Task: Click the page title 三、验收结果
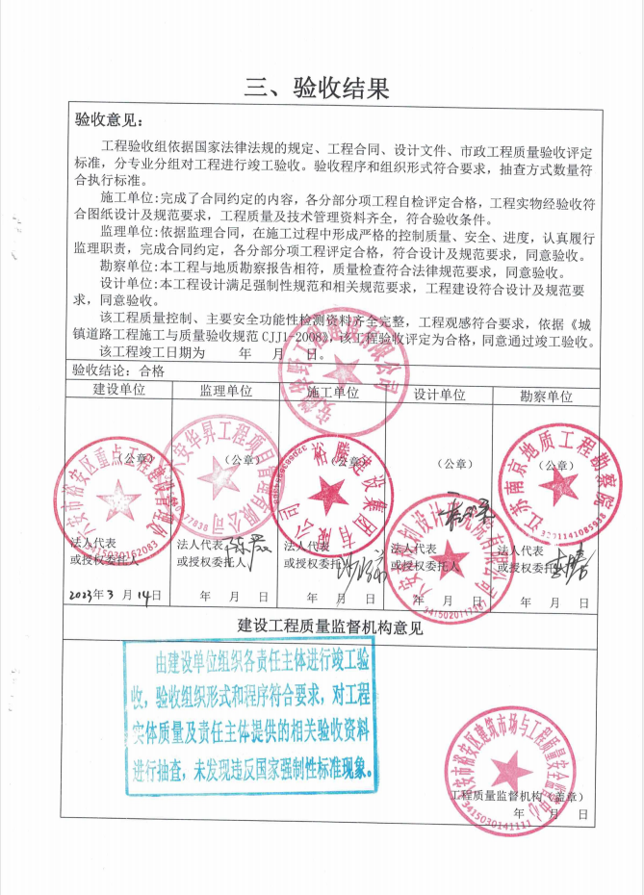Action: (317, 89)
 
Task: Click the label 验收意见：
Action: (109, 122)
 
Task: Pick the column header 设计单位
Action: (439, 394)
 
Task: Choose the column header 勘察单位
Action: (546, 396)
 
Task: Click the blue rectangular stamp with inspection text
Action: (253, 715)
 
